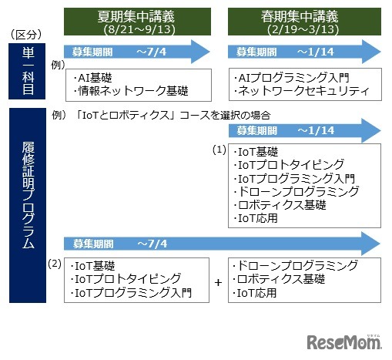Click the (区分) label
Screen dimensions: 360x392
coord(26,35)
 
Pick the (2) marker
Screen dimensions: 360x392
coord(54,264)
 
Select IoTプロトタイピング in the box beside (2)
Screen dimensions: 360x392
coord(128,278)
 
